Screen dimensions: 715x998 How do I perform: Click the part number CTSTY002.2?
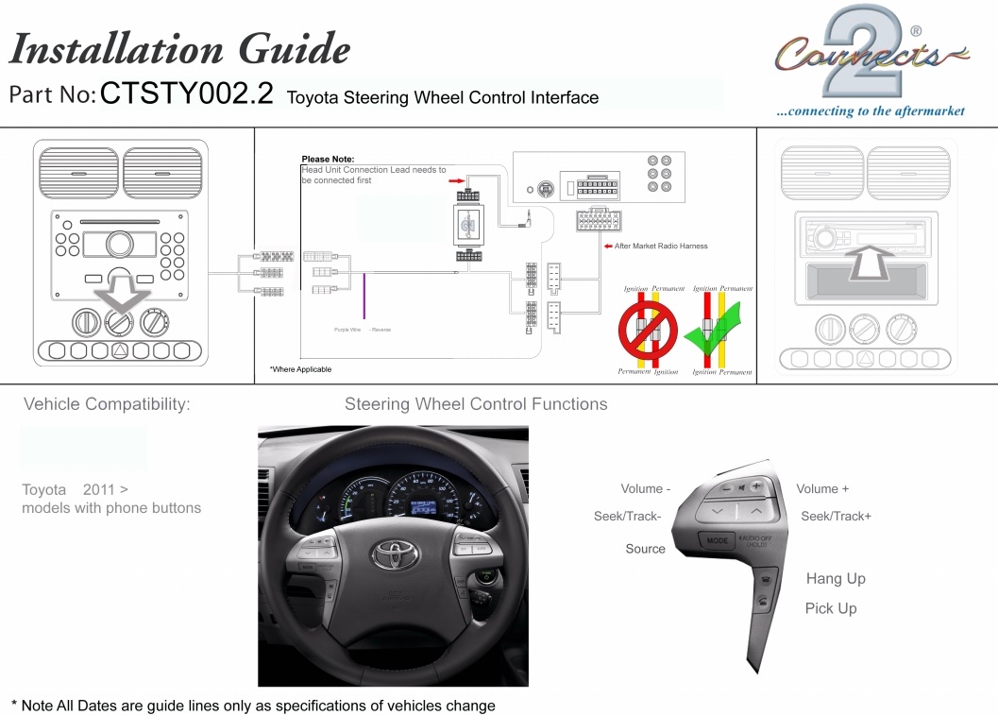click(186, 94)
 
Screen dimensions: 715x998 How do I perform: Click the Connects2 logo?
click(870, 56)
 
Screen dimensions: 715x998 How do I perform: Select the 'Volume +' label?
click(822, 488)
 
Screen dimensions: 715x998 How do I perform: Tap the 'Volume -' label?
click(646, 488)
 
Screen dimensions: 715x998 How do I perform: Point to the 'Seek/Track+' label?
click(836, 516)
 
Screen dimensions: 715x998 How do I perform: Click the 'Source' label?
click(645, 549)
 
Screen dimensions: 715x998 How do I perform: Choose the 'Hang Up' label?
click(836, 579)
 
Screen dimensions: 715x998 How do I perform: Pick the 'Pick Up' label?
click(831, 608)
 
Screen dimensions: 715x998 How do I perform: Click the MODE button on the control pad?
click(718, 541)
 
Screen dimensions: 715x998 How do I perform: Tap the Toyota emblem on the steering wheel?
click(395, 554)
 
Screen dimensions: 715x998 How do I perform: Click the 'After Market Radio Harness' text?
click(660, 247)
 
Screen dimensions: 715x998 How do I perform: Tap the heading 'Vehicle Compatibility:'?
click(107, 404)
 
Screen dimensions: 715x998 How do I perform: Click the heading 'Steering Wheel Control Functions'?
click(476, 404)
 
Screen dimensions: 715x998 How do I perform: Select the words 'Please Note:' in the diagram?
click(328, 159)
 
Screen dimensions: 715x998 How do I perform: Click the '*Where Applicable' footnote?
click(300, 369)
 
